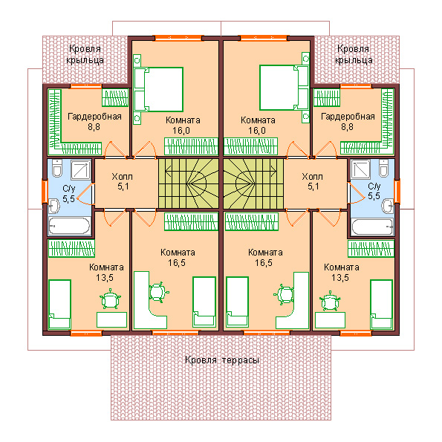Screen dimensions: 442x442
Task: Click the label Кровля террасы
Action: (x=222, y=360)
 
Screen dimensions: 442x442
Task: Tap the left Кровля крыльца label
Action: (x=85, y=54)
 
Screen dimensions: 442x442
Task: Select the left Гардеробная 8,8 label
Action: (x=94, y=122)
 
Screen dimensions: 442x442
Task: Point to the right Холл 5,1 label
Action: (x=313, y=181)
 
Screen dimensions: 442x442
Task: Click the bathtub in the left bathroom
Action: (x=69, y=226)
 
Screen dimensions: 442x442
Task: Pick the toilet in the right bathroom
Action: (x=383, y=168)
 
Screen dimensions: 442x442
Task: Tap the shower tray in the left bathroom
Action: (x=81, y=169)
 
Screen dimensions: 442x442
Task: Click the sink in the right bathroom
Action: (x=388, y=206)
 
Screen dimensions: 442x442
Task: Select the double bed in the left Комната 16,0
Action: (x=159, y=89)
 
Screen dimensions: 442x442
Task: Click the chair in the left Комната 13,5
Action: (x=111, y=299)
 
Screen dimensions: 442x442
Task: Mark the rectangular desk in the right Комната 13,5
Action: (x=330, y=320)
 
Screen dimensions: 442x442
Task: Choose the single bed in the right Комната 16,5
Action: (x=238, y=302)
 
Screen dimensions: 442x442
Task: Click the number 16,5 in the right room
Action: (x=264, y=263)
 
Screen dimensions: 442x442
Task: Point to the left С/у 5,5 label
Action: (x=69, y=194)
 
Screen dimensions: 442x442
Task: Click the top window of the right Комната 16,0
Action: (x=264, y=37)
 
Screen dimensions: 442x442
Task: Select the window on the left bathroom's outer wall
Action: (x=45, y=192)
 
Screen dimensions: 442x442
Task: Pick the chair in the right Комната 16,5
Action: (x=284, y=295)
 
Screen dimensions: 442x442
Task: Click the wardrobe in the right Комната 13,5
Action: (x=371, y=248)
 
